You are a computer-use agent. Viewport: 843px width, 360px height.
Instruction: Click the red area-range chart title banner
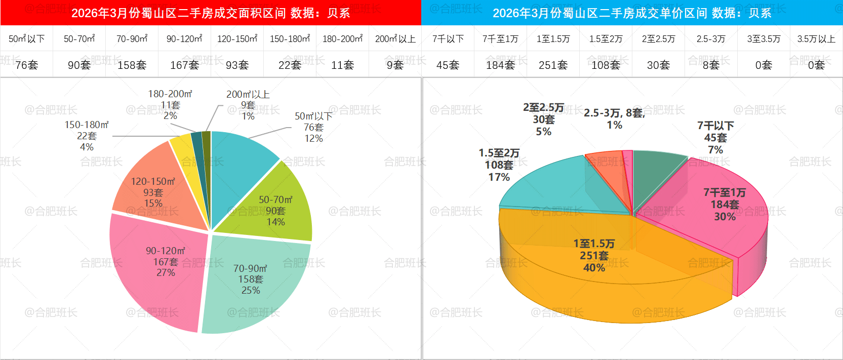coord(211,13)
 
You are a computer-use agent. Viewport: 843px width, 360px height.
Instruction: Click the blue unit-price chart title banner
coord(632,13)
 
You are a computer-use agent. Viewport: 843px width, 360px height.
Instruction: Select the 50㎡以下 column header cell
coord(27,38)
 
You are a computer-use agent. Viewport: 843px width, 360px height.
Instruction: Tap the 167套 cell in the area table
coord(184,65)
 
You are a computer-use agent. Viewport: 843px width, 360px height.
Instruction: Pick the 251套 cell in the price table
coord(553,65)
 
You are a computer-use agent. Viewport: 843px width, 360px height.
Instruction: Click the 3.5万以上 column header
coord(816,38)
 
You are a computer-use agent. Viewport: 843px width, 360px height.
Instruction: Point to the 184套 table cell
coord(500,65)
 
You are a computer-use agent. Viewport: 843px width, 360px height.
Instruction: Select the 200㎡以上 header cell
coord(395,38)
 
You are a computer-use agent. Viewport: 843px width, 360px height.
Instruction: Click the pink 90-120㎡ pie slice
coord(152,284)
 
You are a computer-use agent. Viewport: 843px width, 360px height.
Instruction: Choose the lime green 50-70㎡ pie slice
coord(284,203)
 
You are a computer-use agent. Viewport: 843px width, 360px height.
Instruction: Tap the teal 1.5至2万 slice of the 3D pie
coord(547,187)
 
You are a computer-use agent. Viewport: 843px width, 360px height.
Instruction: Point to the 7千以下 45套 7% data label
coord(715,138)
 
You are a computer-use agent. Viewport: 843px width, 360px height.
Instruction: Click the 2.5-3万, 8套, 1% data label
coord(614,118)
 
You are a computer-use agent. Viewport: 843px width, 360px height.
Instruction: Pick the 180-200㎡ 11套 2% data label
coord(170,105)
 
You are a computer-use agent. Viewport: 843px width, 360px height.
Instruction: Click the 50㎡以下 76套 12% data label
coord(313,127)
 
